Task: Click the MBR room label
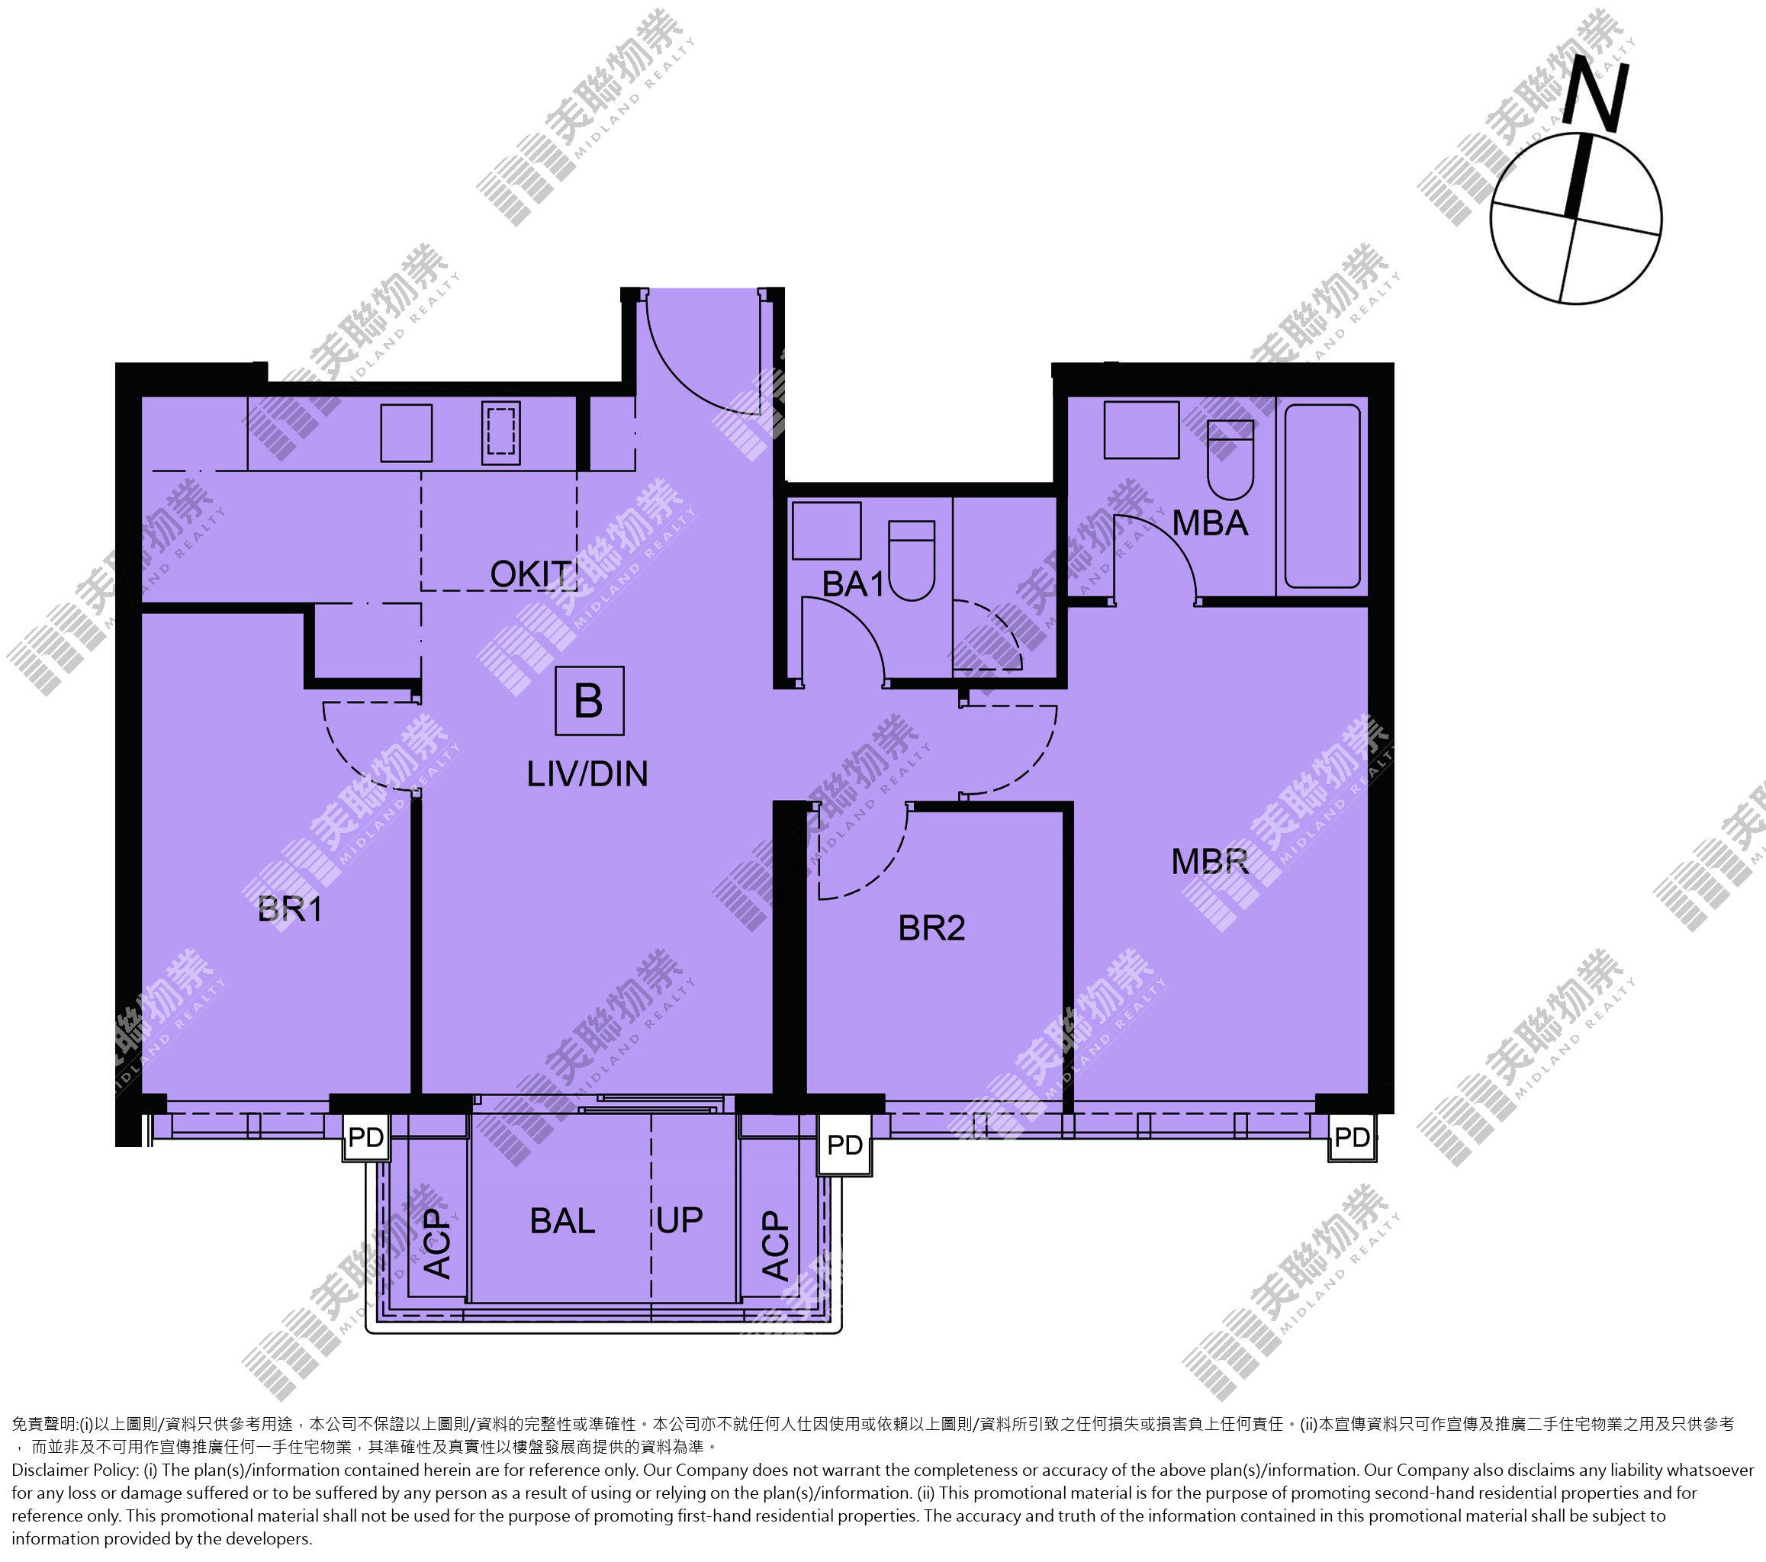click(1210, 861)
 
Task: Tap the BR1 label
click(291, 909)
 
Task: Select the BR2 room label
click(931, 928)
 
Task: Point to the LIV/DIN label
click(587, 774)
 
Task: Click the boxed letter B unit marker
click(589, 701)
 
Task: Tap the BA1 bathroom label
click(854, 584)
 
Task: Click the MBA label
click(1210, 522)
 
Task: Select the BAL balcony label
click(562, 1221)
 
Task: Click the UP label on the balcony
click(680, 1220)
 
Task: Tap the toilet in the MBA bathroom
click(1230, 460)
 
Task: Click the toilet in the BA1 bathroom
click(912, 561)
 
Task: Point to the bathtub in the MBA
click(1323, 496)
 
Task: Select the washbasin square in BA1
click(827, 531)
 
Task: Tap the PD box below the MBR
click(1352, 1138)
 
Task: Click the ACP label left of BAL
click(438, 1244)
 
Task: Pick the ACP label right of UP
click(776, 1245)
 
